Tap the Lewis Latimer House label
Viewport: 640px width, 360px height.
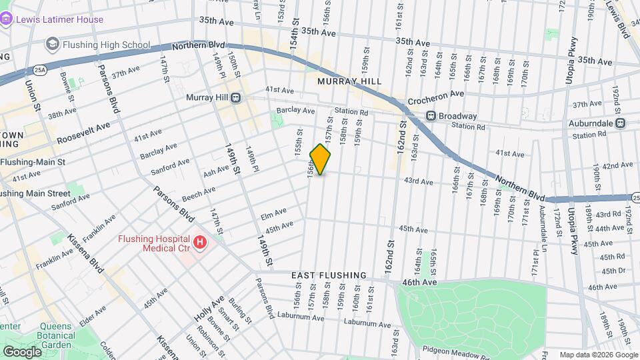(x=60, y=19)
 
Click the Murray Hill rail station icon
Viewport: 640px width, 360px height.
(x=236, y=98)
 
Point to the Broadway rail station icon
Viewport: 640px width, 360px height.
(x=431, y=116)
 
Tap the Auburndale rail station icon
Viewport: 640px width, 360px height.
(x=620, y=123)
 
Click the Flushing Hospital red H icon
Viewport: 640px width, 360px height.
(x=199, y=243)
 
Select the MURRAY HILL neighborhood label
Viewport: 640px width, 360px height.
(x=349, y=81)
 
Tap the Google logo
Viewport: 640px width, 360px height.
(x=22, y=352)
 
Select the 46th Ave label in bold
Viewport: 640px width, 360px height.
(x=418, y=283)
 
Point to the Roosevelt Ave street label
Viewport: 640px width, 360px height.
(x=82, y=133)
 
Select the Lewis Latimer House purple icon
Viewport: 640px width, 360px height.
(x=7, y=19)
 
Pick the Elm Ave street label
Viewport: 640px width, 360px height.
(x=273, y=215)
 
